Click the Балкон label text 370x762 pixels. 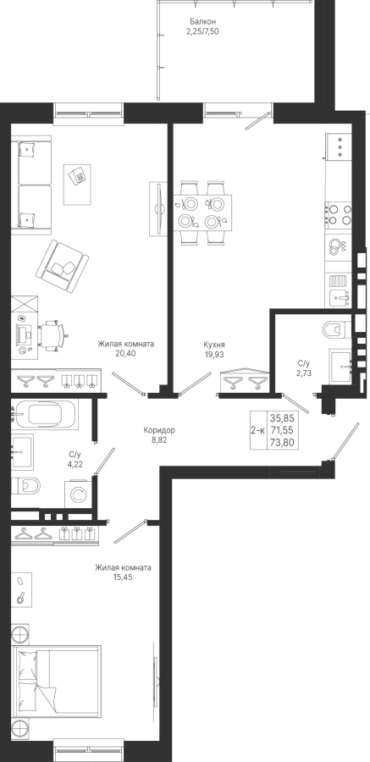coord(202,22)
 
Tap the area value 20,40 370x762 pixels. coord(126,353)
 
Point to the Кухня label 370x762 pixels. coord(214,345)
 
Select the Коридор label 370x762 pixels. coord(159,430)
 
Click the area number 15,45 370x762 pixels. coord(123,577)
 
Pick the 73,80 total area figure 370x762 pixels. coord(283,442)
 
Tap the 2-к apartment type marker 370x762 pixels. coord(257,430)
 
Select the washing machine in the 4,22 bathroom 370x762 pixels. coord(78,494)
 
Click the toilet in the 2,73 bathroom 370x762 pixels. coord(336,329)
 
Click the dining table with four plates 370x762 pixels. coord(202,213)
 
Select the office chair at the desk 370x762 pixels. coord(52,334)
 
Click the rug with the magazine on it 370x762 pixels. coord(77,185)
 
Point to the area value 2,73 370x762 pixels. coord(303,373)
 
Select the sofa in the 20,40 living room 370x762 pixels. coord(31,185)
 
